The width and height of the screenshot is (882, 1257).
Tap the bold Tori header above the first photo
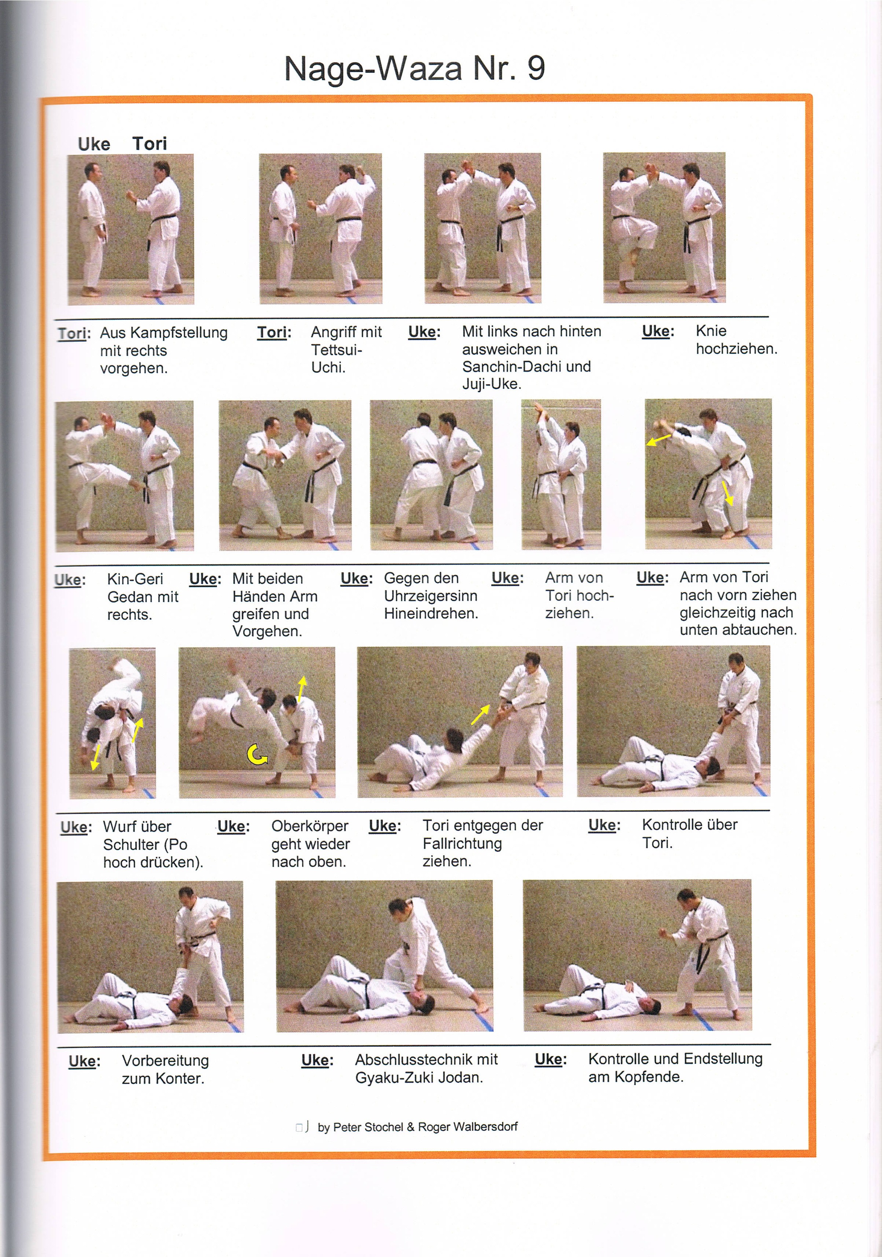tap(149, 144)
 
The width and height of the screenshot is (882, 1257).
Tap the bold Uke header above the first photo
tap(94, 145)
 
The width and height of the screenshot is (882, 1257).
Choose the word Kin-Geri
tap(135, 579)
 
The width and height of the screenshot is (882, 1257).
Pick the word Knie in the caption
tap(711, 331)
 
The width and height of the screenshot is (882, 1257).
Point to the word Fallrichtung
tap(462, 843)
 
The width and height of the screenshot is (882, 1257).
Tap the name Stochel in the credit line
tap(383, 1127)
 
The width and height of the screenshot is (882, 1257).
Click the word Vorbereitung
tap(165, 1061)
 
